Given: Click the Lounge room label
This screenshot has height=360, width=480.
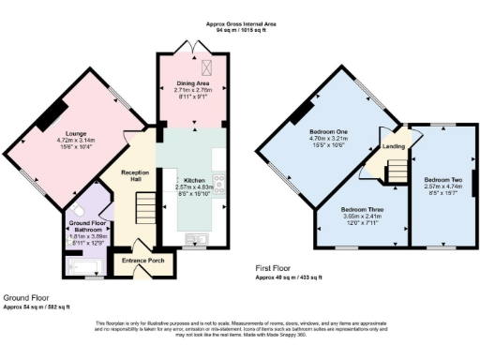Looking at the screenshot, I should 70,140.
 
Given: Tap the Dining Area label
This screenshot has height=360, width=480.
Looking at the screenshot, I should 190,83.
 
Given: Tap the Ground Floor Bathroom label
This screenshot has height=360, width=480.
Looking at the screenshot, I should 87,226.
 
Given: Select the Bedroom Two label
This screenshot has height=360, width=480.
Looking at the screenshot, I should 443,178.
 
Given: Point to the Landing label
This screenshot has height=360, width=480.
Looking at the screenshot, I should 392,147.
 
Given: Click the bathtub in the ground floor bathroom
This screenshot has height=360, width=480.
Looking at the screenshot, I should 86,268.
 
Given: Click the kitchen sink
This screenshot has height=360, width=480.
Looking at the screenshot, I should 197,238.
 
